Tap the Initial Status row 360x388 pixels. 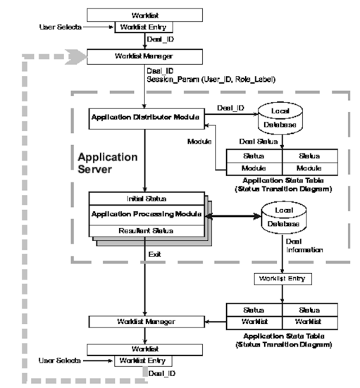pyautogui.click(x=145, y=198)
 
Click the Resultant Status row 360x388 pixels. pyautogui.click(x=145, y=230)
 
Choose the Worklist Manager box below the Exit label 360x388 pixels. pyautogui.click(x=146, y=321)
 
